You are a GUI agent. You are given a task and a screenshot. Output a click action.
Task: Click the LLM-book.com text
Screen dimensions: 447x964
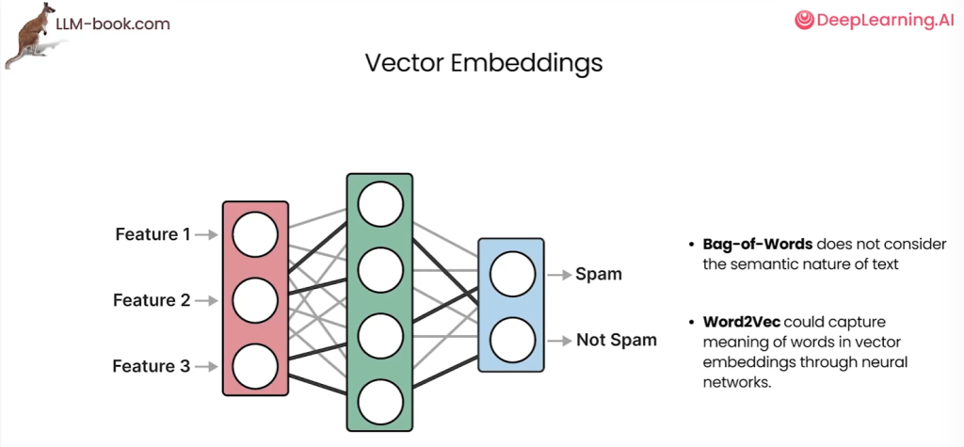[113, 24]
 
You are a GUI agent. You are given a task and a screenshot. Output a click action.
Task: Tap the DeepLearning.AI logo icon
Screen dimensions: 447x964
[803, 20]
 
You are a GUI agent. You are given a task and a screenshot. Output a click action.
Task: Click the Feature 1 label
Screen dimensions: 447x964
[153, 233]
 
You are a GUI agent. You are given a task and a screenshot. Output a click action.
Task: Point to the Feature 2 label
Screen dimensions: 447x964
[152, 300]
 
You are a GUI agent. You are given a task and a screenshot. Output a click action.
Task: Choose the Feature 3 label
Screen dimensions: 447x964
[152, 365]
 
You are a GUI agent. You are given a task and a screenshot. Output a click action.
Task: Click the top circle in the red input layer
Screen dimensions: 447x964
[256, 235]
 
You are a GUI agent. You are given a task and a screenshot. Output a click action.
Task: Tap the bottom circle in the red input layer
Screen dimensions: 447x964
[256, 365]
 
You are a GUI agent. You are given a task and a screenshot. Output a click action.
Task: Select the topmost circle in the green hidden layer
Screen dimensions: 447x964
[380, 202]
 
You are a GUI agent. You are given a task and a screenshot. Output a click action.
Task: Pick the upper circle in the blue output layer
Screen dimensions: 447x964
[511, 275]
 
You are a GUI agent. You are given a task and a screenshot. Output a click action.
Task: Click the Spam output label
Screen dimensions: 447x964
[599, 275]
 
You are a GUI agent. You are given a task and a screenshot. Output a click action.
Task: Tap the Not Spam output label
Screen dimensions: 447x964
[617, 340]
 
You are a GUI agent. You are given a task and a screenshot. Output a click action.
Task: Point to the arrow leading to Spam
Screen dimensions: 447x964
[560, 275]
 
